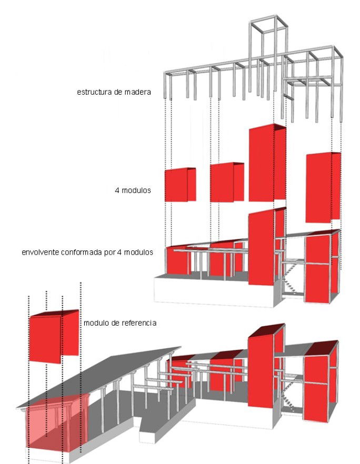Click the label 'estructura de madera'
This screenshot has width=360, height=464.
(x=114, y=92)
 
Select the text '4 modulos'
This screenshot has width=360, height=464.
(x=133, y=190)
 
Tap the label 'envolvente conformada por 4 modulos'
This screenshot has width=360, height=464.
(x=87, y=252)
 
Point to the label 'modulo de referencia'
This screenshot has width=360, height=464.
(x=120, y=322)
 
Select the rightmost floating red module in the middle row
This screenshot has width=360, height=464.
(x=322, y=187)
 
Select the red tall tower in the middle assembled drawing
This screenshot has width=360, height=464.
(x=263, y=247)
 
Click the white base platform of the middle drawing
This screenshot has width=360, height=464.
(x=211, y=292)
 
